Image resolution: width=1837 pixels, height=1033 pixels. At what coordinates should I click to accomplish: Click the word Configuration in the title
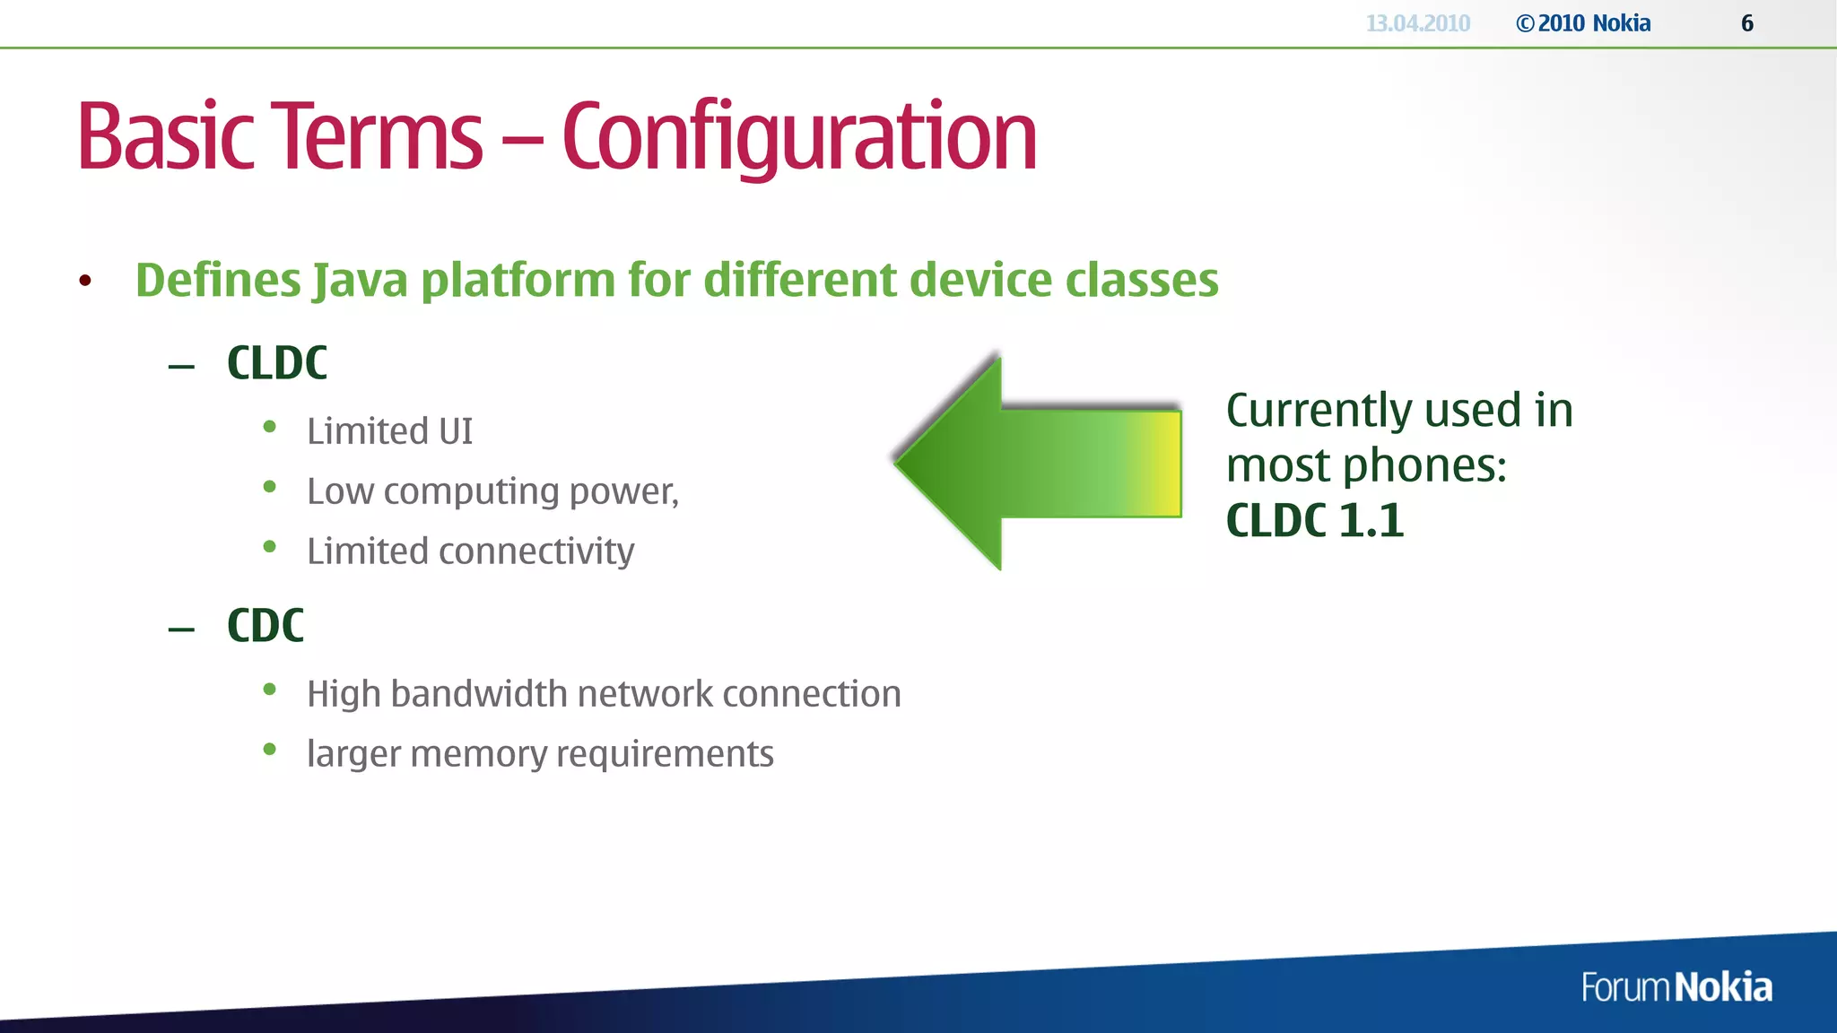[x=798, y=136]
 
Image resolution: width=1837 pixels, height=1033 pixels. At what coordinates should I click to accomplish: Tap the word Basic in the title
[x=166, y=136]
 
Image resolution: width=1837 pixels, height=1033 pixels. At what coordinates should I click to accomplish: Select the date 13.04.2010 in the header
[x=1417, y=23]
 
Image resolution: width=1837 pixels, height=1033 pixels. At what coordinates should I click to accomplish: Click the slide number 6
[x=1746, y=23]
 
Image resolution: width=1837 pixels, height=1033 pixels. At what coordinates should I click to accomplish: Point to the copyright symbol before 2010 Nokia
[x=1525, y=24]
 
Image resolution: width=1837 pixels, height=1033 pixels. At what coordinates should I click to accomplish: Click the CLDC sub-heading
[x=276, y=363]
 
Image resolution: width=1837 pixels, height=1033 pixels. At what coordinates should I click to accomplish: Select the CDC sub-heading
[x=265, y=625]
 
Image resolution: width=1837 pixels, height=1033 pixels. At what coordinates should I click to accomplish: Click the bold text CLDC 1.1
[x=1314, y=521]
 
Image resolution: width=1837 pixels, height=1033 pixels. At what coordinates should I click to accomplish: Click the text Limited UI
[x=389, y=431]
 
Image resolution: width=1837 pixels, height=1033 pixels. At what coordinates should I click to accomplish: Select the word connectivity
[x=535, y=551]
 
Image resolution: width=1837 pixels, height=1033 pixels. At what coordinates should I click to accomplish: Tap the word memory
[x=477, y=754]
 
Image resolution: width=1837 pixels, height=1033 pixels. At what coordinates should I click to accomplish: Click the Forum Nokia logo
[x=1676, y=987]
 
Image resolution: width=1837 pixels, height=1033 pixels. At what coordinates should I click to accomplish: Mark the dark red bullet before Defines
[x=85, y=282]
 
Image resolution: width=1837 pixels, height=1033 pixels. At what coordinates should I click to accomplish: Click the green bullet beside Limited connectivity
[x=269, y=547]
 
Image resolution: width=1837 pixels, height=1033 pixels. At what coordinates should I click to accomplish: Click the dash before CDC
[x=181, y=629]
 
